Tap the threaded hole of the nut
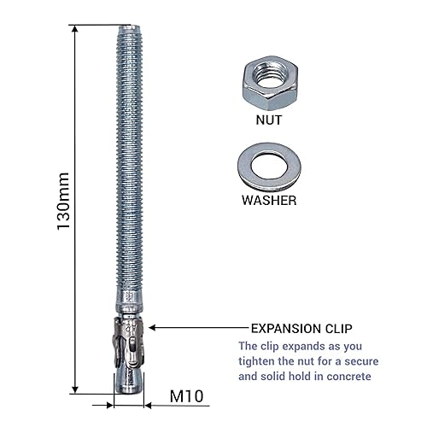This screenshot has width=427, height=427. [270, 74]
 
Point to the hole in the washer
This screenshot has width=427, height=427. [269, 167]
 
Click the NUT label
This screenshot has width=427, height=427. [269, 120]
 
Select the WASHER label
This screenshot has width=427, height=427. [269, 201]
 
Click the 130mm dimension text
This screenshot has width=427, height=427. [63, 202]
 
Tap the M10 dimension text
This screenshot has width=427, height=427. [186, 396]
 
